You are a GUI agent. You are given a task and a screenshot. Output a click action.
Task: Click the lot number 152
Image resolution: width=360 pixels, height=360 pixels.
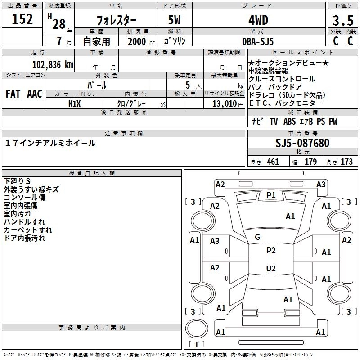(x=22, y=19)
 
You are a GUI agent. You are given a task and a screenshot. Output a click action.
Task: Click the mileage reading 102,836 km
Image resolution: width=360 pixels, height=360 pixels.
(x=53, y=64)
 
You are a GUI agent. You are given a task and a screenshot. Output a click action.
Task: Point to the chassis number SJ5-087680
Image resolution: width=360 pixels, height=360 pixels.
(x=302, y=144)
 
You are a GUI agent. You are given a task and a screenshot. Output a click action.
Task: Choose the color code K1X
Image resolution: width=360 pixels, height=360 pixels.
(x=75, y=103)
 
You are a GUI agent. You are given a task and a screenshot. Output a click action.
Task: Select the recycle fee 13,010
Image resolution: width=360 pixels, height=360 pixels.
(x=224, y=103)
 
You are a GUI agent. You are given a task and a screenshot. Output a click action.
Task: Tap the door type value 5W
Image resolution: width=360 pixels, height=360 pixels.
(x=175, y=21)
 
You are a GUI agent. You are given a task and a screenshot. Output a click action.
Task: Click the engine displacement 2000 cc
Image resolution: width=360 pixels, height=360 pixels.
(x=141, y=41)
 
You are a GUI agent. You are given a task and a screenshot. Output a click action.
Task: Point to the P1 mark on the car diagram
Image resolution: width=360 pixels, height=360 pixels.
(x=271, y=195)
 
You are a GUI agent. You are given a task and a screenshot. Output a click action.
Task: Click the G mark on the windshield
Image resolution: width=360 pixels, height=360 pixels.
(x=257, y=237)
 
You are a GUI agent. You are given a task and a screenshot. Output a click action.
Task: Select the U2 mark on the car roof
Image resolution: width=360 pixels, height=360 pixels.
(x=271, y=269)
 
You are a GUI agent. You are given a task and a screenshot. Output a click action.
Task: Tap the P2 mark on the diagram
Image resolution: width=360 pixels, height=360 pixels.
(x=271, y=251)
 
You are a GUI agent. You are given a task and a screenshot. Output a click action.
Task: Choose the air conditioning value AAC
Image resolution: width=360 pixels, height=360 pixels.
(x=35, y=94)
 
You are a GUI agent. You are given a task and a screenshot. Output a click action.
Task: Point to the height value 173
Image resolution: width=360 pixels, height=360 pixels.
(x=346, y=162)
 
